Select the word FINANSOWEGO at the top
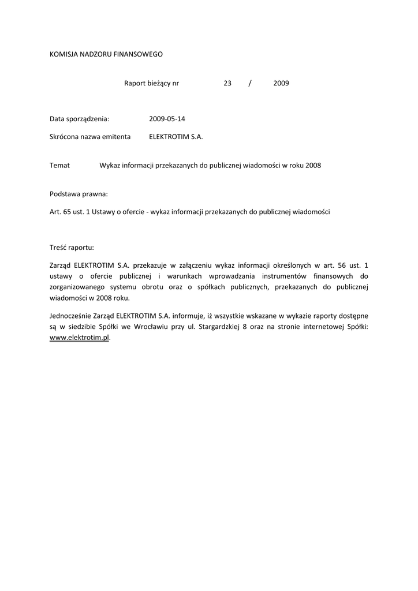pos(139,54)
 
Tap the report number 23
pos(227,83)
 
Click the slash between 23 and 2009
pos(250,83)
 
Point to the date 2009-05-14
pos(167,119)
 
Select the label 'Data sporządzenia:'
pos(80,119)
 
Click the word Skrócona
pos(65,137)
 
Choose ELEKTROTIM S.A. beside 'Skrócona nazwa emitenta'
pos(176,137)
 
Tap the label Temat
pos(60,165)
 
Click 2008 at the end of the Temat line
pos(313,165)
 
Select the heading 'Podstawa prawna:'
pos(79,194)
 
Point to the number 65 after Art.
pos(68,212)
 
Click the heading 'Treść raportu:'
pos(72,248)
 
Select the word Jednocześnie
pos(72,316)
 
